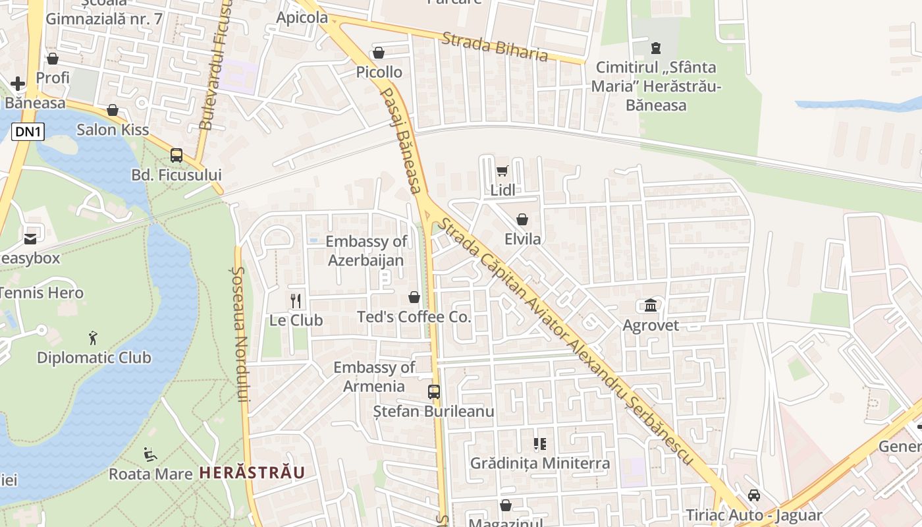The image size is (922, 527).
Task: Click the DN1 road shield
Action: tap(28, 132)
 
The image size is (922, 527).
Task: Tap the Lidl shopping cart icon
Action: tap(502, 171)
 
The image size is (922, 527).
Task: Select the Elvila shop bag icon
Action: tap(522, 219)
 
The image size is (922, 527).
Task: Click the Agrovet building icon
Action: tap(651, 306)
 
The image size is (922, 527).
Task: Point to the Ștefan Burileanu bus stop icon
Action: tap(433, 392)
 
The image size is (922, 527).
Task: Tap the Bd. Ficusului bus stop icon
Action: tap(176, 155)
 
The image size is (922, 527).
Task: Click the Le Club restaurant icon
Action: tap(296, 301)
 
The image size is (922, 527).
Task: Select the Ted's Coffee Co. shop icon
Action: tap(414, 297)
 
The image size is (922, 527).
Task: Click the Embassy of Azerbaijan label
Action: tap(366, 251)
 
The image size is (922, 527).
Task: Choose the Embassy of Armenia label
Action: tap(374, 377)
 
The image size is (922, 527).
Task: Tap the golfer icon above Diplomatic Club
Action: tap(93, 338)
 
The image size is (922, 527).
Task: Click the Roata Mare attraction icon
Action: tap(150, 454)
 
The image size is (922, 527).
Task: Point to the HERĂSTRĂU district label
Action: tap(252, 473)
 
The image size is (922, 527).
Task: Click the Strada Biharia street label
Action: tap(495, 46)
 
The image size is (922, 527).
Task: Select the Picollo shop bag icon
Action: tap(379, 53)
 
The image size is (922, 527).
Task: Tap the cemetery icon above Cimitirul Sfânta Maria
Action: tap(655, 47)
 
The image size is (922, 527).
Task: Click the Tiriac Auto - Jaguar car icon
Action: tap(754, 495)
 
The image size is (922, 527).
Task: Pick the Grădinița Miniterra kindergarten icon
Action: tap(539, 444)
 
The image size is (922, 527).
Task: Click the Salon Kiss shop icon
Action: tap(113, 110)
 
